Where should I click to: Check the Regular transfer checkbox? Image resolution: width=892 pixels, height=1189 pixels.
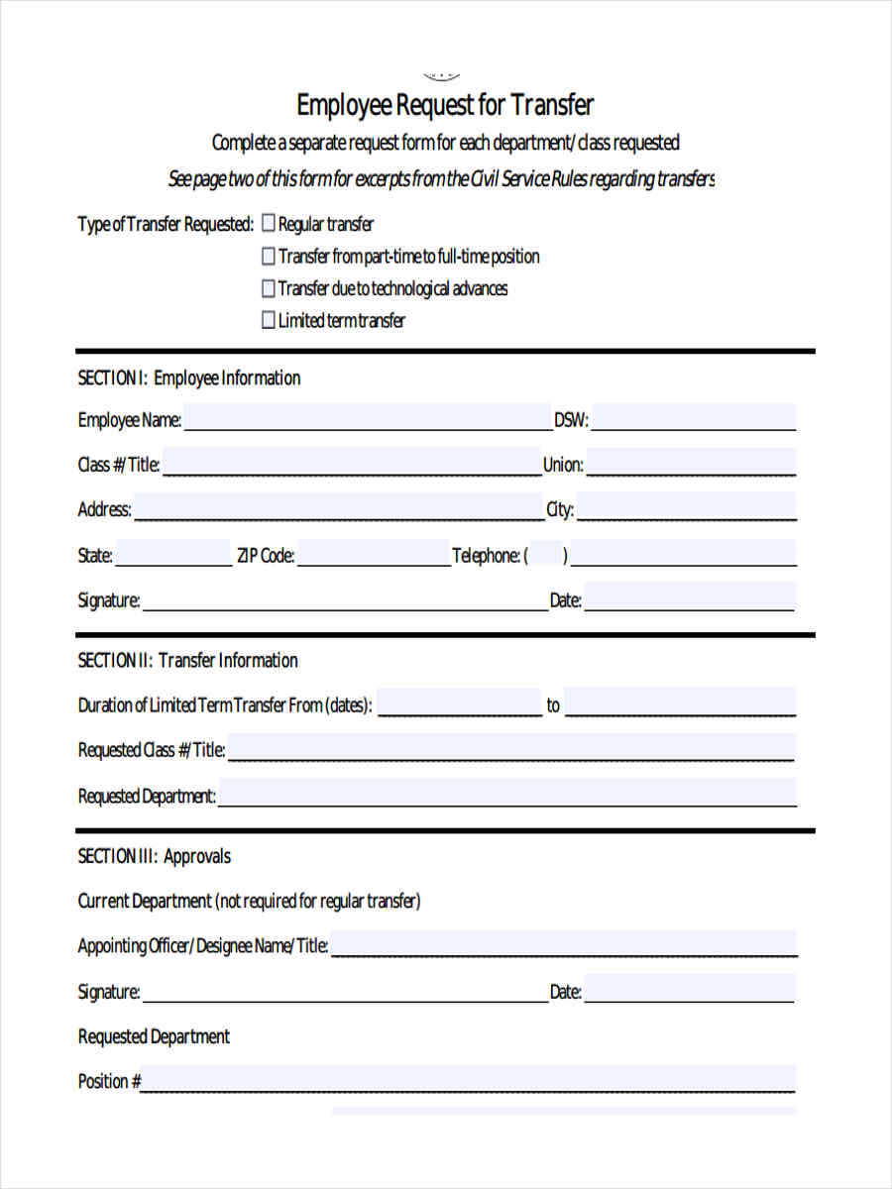[268, 225]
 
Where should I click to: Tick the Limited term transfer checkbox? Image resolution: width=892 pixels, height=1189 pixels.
[268, 320]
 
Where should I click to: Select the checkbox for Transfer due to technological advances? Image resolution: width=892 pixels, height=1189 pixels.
[268, 288]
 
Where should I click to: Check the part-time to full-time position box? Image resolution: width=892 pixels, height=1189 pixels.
[268, 257]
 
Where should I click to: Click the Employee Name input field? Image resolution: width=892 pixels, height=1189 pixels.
[367, 418]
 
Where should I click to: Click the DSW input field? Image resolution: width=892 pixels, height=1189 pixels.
[694, 418]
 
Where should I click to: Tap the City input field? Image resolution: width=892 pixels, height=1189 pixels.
[686, 507]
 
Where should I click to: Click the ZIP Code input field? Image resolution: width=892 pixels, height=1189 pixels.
[373, 554]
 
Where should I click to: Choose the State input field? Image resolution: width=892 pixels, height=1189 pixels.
[172, 554]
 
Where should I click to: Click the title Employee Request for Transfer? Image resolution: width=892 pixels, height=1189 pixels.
[445, 105]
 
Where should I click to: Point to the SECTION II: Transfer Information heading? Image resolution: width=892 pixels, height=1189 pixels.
[187, 661]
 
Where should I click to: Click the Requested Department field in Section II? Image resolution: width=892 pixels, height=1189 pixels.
[505, 794]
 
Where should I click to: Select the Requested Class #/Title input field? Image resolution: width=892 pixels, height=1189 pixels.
[510, 748]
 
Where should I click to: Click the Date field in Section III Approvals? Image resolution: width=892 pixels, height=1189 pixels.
[690, 990]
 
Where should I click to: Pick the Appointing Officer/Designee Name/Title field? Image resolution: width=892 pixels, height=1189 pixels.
[563, 944]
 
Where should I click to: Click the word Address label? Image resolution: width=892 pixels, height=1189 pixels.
[104, 509]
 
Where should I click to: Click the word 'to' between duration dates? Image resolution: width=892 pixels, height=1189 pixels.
[553, 705]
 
